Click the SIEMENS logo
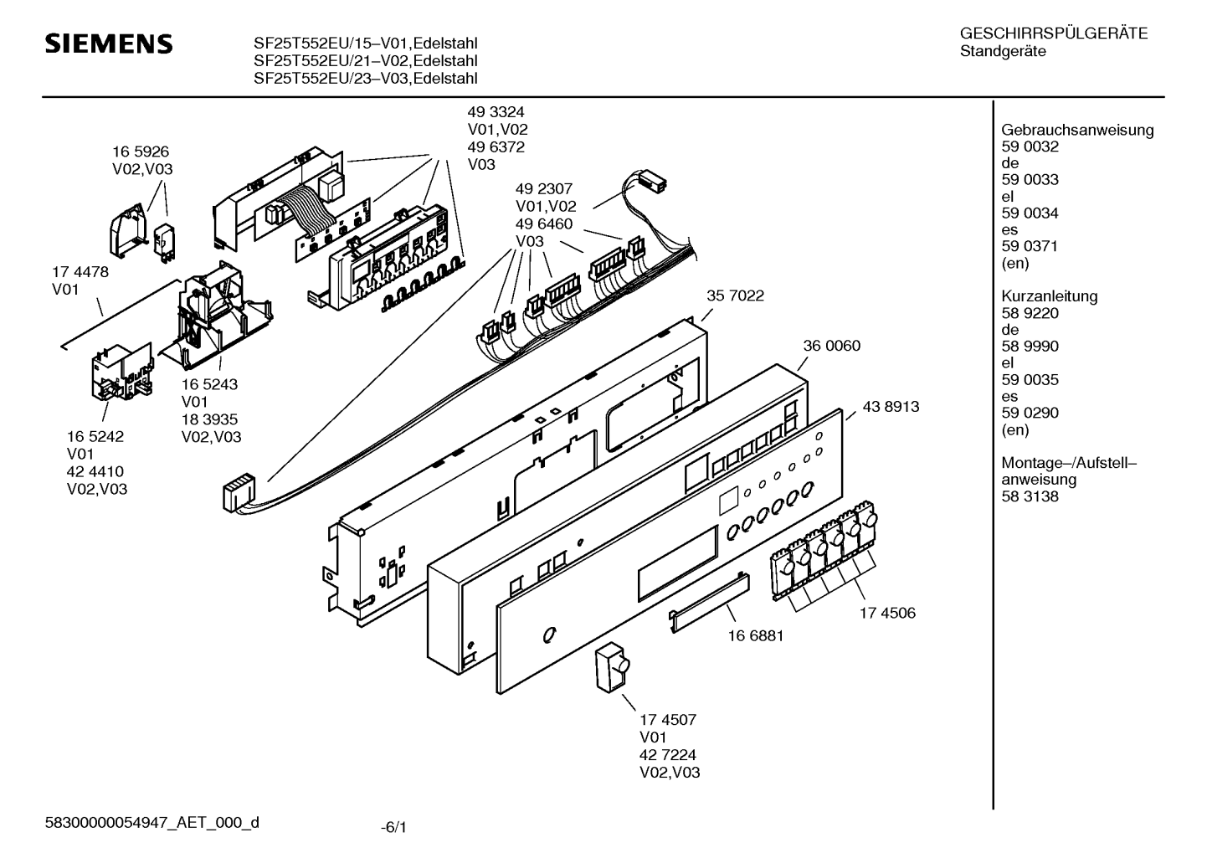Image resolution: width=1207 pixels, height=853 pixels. click(x=108, y=44)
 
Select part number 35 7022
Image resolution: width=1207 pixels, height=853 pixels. click(x=735, y=295)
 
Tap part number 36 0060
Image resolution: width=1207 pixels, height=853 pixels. click(x=831, y=346)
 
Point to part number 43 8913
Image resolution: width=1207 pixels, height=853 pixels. click(x=891, y=407)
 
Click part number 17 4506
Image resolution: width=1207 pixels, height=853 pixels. click(x=887, y=613)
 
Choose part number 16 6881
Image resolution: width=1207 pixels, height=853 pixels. click(x=756, y=635)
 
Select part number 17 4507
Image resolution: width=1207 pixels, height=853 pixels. click(x=668, y=719)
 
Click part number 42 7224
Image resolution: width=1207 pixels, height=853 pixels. click(x=668, y=754)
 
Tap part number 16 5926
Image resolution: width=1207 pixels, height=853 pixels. click(x=141, y=152)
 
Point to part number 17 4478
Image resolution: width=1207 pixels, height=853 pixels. click(x=80, y=272)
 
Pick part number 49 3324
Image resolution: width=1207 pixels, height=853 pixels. click(x=496, y=111)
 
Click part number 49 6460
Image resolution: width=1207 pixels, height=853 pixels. click(x=544, y=224)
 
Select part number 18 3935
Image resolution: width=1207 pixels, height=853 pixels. click(x=209, y=419)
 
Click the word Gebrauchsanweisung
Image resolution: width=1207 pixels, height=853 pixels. click(x=1077, y=130)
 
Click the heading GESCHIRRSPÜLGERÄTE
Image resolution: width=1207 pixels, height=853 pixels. click(x=1054, y=34)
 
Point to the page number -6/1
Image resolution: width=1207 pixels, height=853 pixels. click(x=393, y=828)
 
